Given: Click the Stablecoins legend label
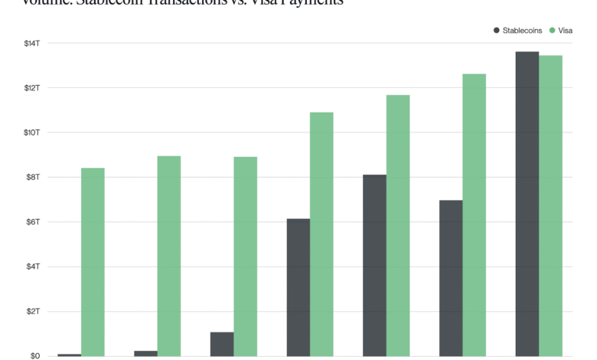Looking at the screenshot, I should [523, 30].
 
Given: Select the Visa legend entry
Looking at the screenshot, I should [566, 30].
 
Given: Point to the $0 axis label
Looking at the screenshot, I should [35, 356].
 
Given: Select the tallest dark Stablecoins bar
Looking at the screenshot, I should [527, 204].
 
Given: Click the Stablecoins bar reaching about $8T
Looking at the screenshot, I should [374, 265].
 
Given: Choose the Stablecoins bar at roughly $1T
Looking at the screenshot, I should [222, 344].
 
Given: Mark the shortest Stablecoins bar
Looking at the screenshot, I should [69, 355].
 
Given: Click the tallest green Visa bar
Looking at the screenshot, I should [551, 206].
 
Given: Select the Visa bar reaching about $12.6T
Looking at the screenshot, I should [475, 215].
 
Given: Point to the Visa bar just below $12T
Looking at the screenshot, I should [398, 225].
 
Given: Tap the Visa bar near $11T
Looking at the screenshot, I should [321, 234].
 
